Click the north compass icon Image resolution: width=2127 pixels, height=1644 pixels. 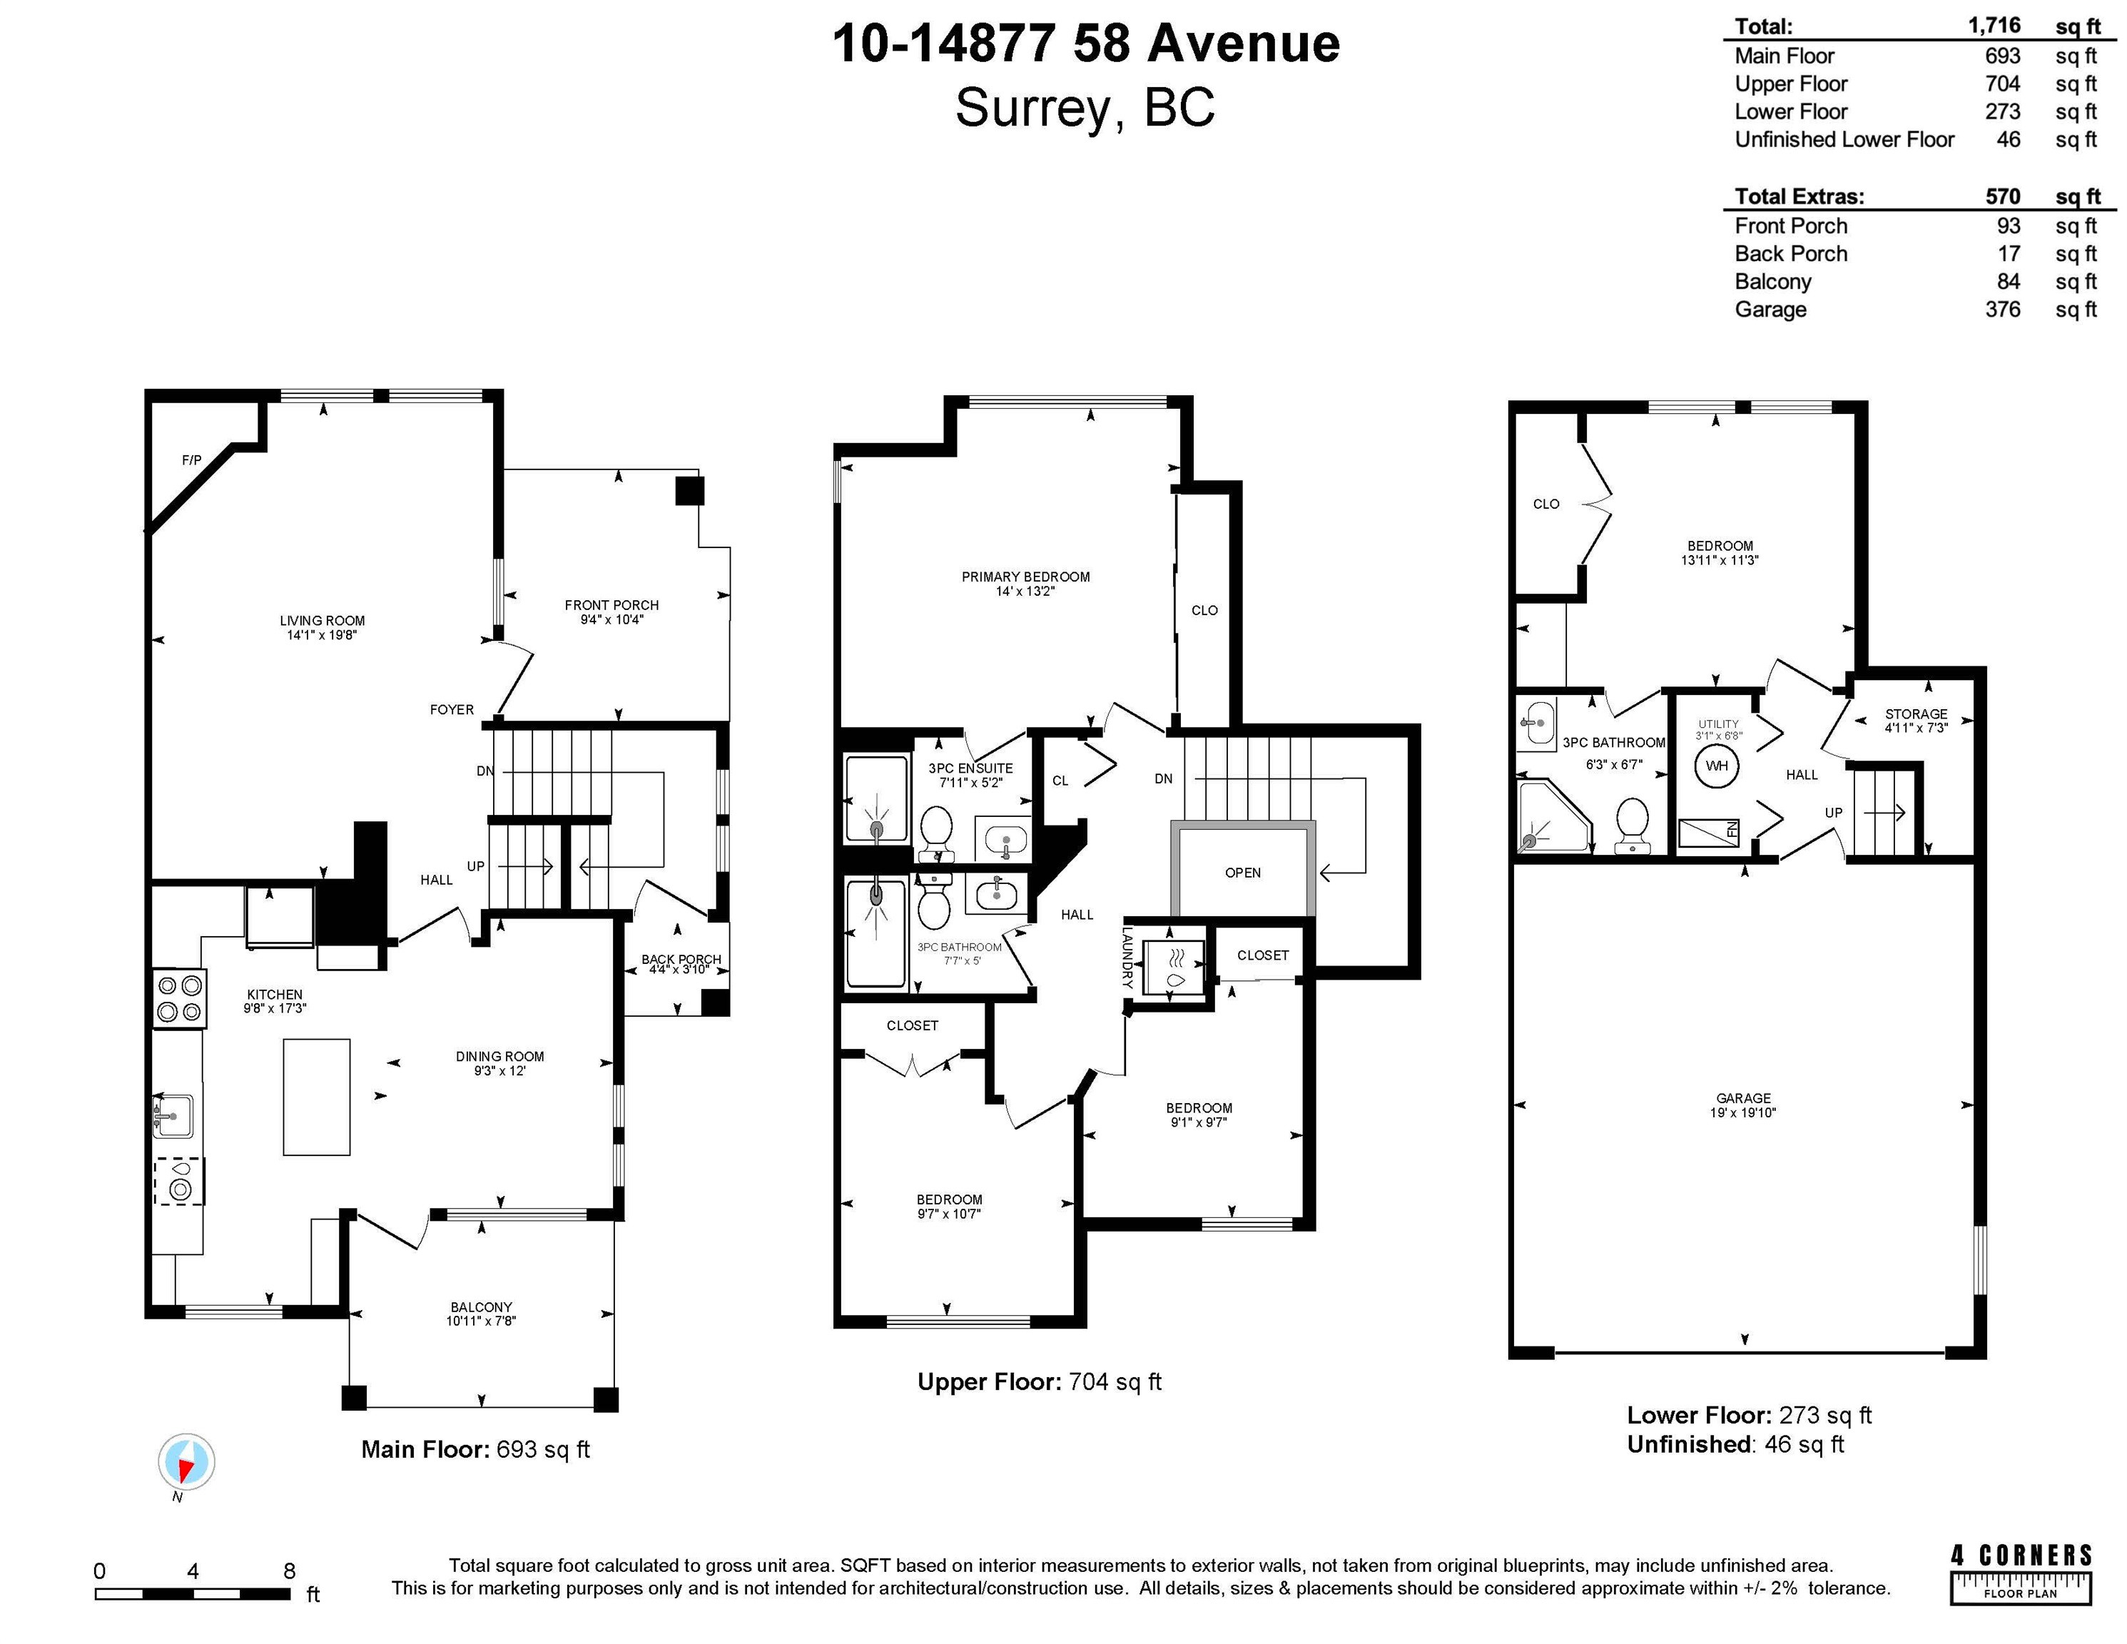pos(186,1462)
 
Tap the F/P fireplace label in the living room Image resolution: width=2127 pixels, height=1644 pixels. pos(192,460)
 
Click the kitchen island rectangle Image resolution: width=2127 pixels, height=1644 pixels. pos(317,1097)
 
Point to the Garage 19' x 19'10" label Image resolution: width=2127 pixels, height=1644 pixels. pos(1743,1105)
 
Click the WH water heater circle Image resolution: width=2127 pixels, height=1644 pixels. pos(1716,766)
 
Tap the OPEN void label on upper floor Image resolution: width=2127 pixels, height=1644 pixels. pos(1243,873)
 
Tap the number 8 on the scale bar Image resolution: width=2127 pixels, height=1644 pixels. pos(289,1570)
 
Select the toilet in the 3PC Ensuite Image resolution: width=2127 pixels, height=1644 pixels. pos(936,833)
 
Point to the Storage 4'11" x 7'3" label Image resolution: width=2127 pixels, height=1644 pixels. pos(1916,721)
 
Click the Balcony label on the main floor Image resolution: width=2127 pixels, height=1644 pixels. pos(481,1314)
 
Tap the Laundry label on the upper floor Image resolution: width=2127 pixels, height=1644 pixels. pos(1127,958)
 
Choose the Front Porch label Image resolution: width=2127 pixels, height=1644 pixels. pos(611,612)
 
